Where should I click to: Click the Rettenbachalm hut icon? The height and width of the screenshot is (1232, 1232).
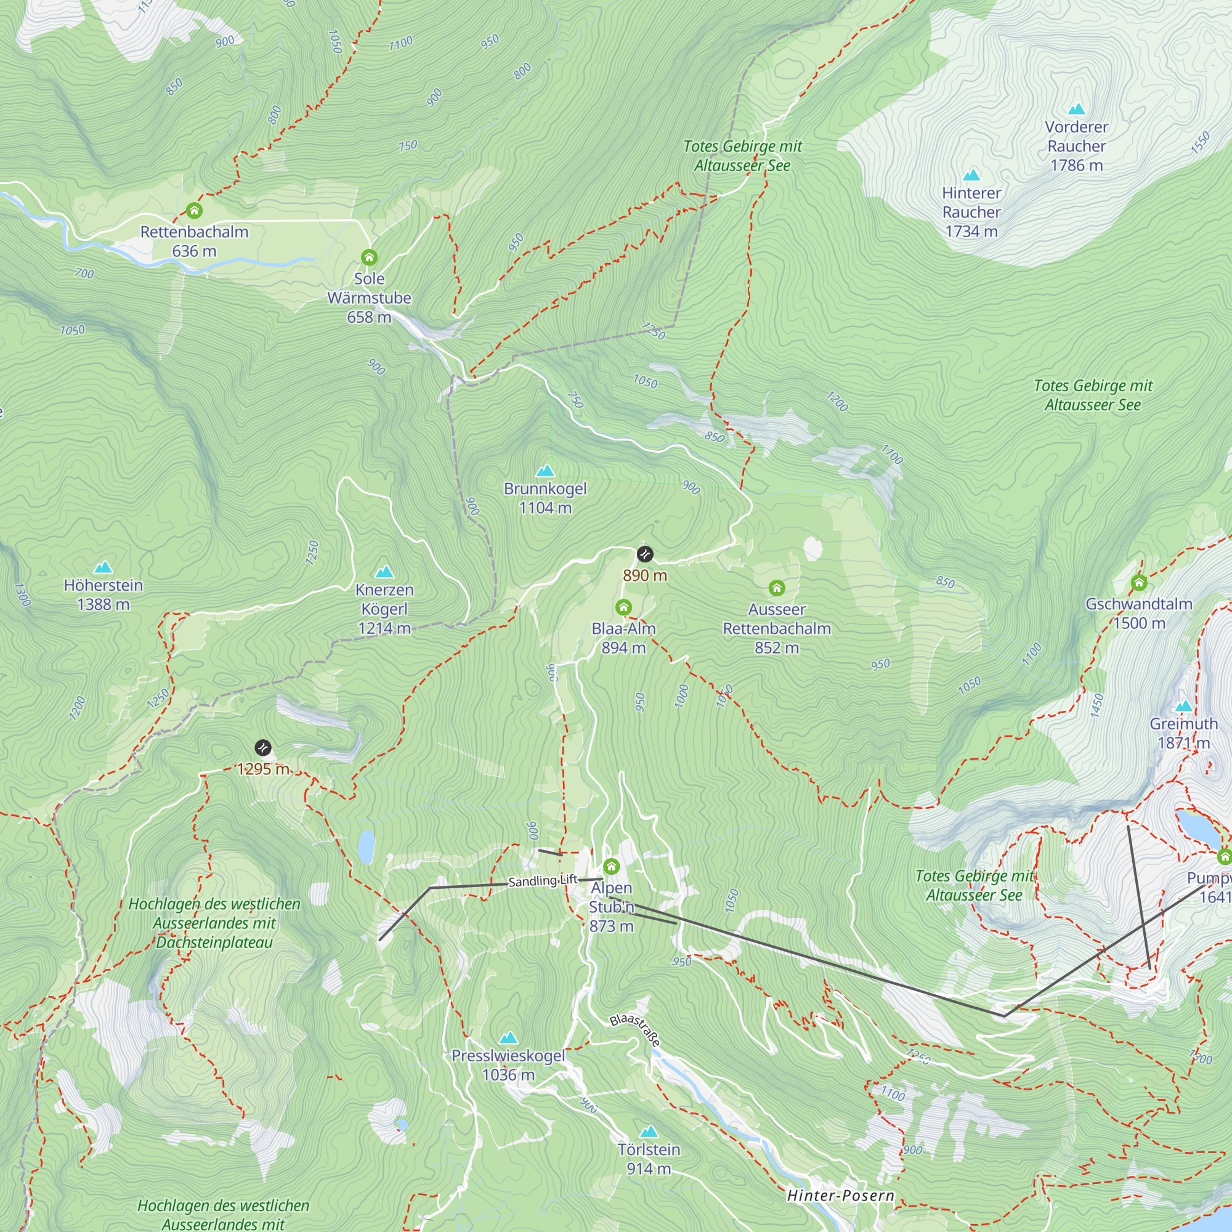click(195, 211)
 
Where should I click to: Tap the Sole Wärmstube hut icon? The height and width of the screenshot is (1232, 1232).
click(369, 257)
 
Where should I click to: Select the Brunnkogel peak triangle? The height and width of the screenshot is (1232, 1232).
click(545, 471)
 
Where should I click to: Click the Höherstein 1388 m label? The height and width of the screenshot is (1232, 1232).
click(103, 594)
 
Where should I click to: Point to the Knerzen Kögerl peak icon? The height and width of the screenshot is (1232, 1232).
click(384, 572)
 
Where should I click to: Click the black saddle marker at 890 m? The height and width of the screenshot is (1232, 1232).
click(646, 554)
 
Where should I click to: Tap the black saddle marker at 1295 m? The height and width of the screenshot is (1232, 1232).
click(263, 747)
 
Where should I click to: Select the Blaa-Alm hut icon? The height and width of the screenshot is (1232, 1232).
click(623, 607)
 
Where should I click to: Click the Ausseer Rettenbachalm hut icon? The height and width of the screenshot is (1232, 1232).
click(777, 588)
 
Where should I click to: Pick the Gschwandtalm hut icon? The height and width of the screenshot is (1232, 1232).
click(1140, 582)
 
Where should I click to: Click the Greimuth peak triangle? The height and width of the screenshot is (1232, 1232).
click(1184, 706)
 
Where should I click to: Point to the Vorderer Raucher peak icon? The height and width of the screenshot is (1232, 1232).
click(1076, 109)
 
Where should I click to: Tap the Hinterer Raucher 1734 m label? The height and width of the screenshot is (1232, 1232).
click(971, 212)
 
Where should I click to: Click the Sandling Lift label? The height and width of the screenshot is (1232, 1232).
click(543, 881)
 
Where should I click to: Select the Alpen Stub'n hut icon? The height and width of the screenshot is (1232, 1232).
click(612, 866)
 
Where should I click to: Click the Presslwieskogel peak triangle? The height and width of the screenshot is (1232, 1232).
click(508, 1038)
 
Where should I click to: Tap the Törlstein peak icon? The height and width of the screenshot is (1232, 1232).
click(649, 1132)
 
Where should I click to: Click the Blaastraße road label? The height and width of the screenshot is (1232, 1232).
click(635, 1029)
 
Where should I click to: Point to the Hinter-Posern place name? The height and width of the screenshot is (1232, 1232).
click(840, 1196)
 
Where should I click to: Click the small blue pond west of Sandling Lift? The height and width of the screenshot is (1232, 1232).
click(367, 847)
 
